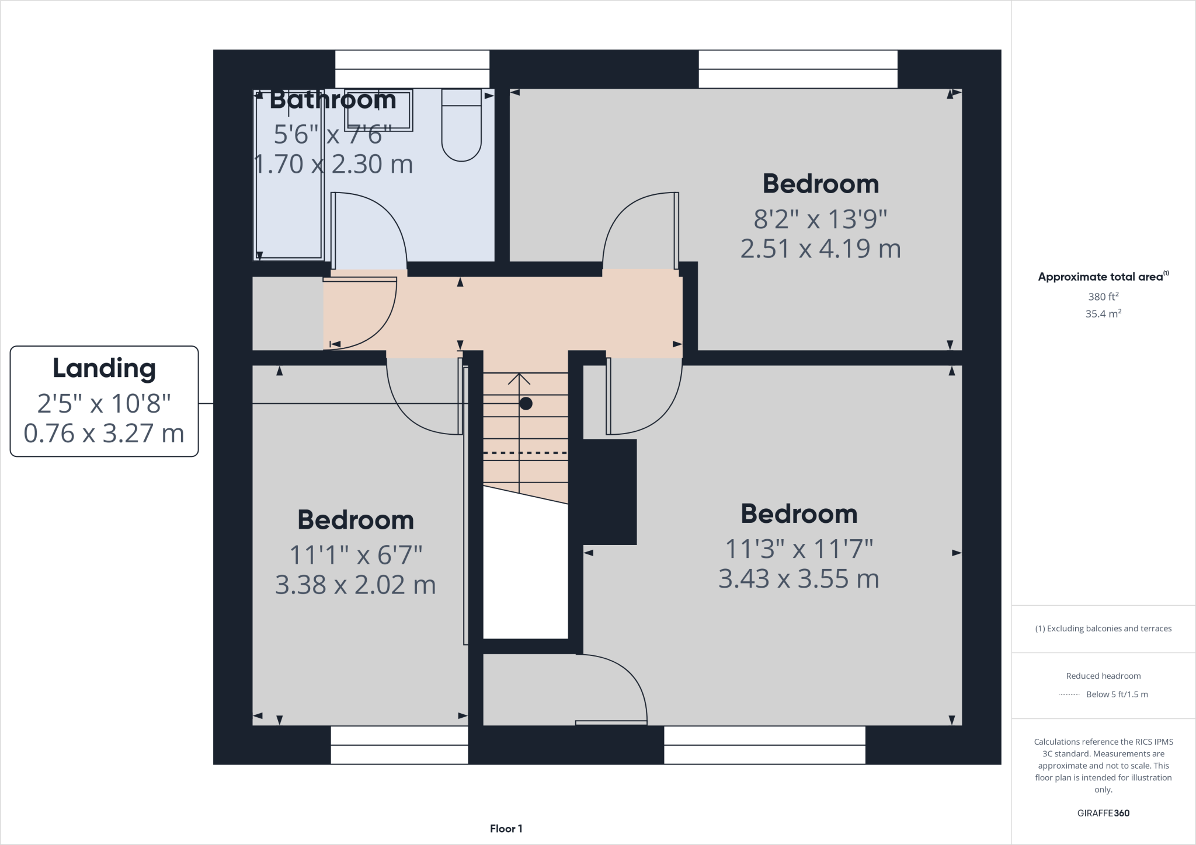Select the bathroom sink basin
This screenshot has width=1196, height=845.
379,110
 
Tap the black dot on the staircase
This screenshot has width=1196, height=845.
526,403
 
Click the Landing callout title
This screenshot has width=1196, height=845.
104,368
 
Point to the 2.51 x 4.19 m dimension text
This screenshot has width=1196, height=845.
820,249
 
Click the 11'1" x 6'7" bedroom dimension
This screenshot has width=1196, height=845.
356,555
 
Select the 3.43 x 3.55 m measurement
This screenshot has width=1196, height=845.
798,579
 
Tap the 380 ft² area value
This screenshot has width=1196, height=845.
1103,296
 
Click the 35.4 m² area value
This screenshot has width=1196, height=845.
1103,314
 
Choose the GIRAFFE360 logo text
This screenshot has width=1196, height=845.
1103,813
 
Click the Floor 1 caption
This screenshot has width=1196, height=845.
506,829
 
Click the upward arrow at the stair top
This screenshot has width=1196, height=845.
519,379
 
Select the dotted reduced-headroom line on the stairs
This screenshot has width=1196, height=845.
525,453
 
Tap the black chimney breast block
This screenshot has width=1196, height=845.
607,491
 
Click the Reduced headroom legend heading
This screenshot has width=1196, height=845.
1103,676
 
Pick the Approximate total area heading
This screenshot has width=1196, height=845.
1103,277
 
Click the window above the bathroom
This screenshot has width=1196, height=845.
412,69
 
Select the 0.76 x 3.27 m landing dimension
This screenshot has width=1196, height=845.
104,434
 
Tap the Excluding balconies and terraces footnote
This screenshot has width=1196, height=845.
1103,628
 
